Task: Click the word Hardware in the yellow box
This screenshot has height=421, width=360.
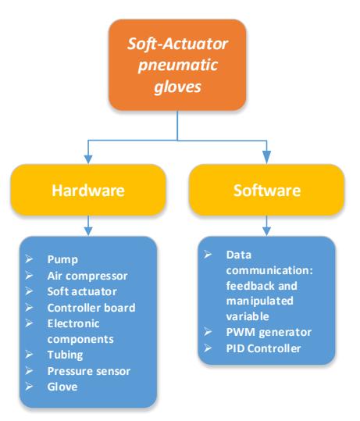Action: pos(88,191)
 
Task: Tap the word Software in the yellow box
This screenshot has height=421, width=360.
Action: pos(267,191)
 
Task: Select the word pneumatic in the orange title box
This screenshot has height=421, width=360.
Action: pos(177,66)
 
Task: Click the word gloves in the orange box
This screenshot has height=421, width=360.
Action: pos(177,87)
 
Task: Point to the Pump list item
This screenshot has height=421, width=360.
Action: pos(62,259)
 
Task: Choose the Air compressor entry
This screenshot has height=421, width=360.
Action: pos(87,276)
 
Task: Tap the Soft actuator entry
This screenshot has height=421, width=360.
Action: pos(82,291)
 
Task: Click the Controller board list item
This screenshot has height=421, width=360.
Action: pos(91,308)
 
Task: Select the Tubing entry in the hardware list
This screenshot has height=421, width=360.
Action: pos(66,355)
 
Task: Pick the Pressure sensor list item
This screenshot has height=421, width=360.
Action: pos(89,371)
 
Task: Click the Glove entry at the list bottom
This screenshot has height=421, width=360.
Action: pos(62,387)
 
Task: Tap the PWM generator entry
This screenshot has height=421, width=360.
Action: pos(269,333)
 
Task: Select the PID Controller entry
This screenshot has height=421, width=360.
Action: pos(263,348)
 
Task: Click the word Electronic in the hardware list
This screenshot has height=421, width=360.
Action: pos(73,323)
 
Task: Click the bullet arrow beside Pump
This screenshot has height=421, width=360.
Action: pos(29,259)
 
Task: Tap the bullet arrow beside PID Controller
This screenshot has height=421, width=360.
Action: pos(208,348)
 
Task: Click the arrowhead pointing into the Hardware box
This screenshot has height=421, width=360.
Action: pos(88,159)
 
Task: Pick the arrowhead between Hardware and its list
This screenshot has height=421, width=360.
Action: pos(88,232)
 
